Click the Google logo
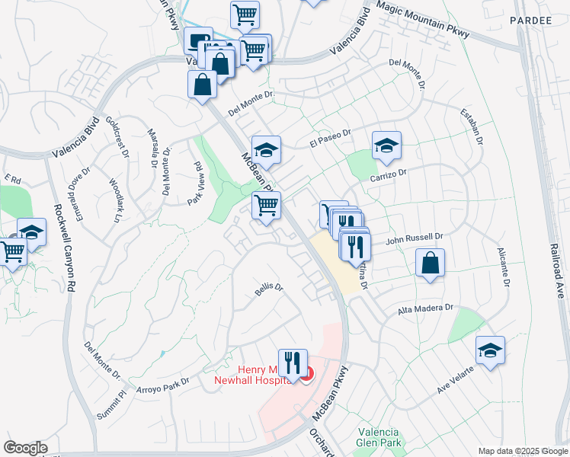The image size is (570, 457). click(x=25, y=448)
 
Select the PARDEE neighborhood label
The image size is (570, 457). click(x=531, y=20)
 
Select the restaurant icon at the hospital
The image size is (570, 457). click(x=293, y=363)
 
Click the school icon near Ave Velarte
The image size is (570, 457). click(x=490, y=350)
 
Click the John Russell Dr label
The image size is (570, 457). click(x=413, y=238)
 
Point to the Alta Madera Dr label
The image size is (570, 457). click(x=426, y=309)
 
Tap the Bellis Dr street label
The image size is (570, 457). click(x=268, y=289)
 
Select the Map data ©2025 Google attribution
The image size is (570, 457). click(x=522, y=450)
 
